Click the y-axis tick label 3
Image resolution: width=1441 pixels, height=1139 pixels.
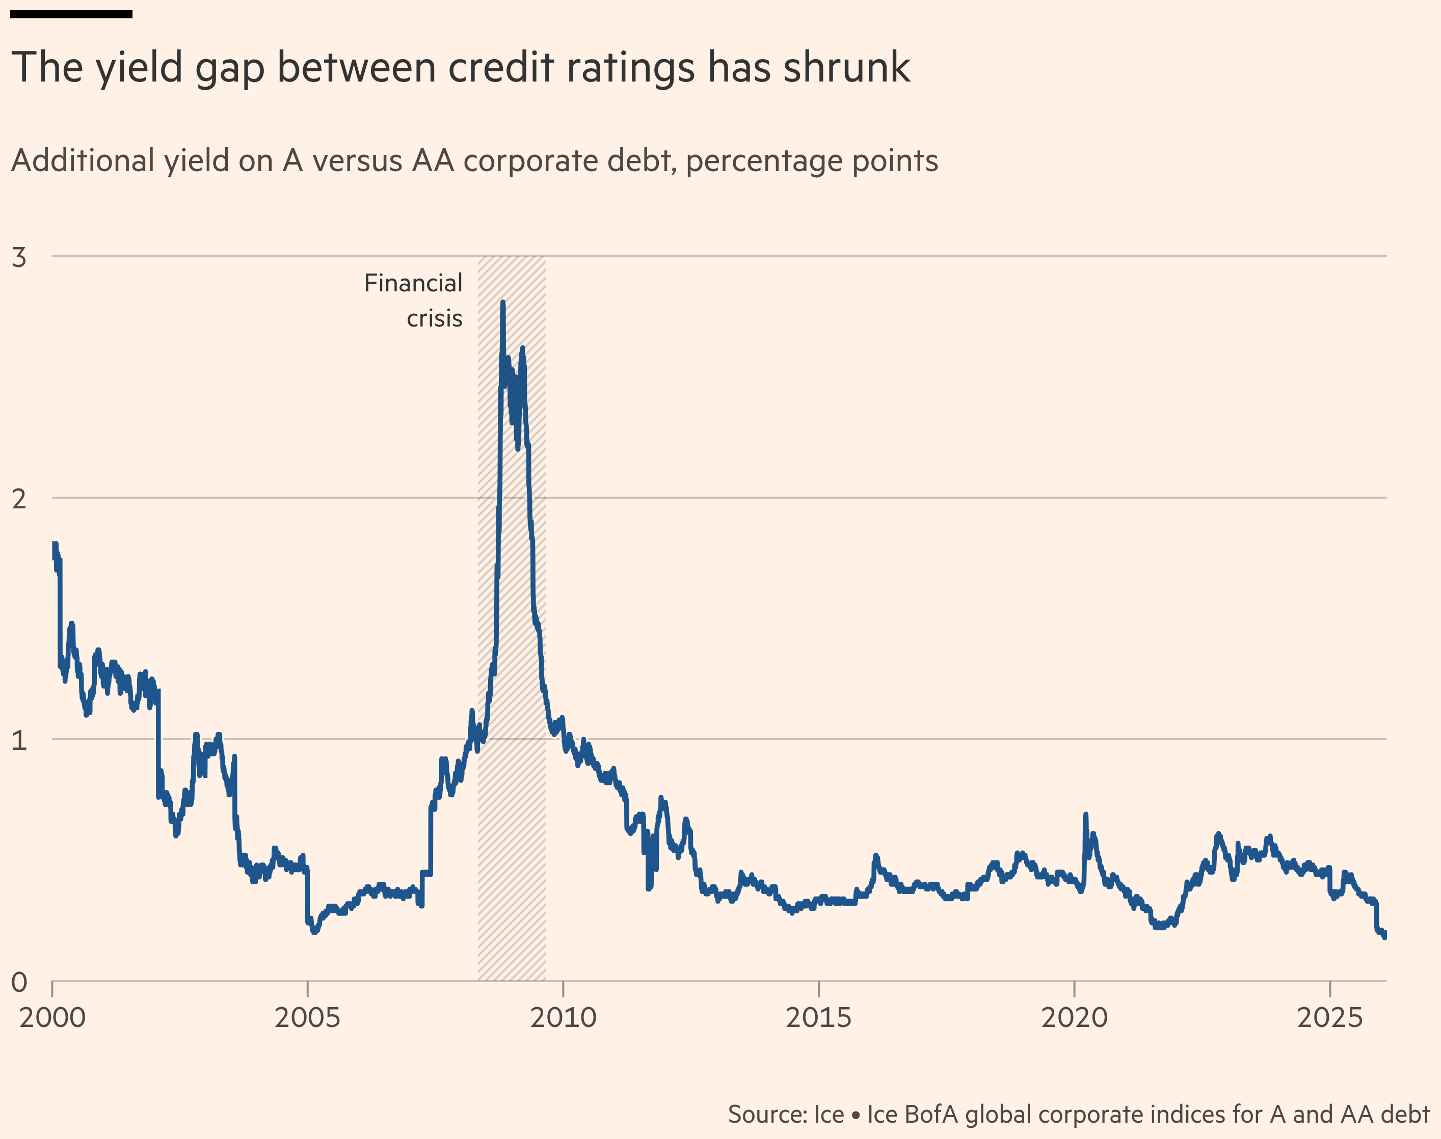click(19, 257)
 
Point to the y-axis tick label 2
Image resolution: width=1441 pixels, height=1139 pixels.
click(19, 499)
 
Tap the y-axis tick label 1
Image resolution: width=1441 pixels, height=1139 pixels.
click(19, 740)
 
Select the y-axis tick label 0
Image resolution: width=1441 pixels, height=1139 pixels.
click(19, 982)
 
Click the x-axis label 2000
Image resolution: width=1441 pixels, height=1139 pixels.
click(52, 1018)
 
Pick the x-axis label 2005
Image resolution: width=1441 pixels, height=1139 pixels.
click(308, 1018)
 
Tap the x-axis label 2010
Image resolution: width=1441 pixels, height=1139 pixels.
click(563, 1018)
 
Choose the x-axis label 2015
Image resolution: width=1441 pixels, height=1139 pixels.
click(818, 1018)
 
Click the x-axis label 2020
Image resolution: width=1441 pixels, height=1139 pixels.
click(1074, 1018)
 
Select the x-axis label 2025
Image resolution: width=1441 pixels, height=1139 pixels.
click(1329, 1018)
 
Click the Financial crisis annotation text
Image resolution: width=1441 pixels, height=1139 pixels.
click(414, 300)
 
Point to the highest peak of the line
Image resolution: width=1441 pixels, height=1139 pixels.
click(502, 304)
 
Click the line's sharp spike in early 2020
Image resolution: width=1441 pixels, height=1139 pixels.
click(1085, 816)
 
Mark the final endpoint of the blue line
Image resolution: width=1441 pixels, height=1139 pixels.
click(1384, 936)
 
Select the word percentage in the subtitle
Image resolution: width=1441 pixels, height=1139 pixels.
click(764, 161)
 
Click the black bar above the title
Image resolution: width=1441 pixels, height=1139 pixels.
click(71, 14)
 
